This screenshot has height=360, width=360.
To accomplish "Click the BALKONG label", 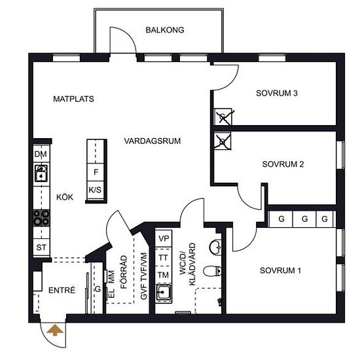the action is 165,30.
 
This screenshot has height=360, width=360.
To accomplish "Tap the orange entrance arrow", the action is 55,330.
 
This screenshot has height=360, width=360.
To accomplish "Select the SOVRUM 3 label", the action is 277,93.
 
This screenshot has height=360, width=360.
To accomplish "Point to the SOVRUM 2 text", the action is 283,164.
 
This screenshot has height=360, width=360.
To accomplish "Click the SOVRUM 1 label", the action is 280,270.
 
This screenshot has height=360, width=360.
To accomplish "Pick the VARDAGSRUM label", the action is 153,141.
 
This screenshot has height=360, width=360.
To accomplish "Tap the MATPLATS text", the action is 73,99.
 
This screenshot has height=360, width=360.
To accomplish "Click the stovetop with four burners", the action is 41,218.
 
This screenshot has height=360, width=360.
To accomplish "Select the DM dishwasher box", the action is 41,153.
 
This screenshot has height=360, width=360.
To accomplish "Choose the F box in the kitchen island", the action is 96,172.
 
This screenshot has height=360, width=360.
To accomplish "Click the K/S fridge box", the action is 96,190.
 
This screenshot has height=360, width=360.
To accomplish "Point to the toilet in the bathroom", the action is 212,271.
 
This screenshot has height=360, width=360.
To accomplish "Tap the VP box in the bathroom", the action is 164,238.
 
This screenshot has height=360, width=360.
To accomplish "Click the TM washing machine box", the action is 163,275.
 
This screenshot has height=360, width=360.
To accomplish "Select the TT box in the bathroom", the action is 163,257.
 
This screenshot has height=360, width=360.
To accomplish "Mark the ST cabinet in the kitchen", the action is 41,247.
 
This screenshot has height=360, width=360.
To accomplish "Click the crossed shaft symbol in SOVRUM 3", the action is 223,117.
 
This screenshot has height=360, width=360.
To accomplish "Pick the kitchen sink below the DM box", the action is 41,173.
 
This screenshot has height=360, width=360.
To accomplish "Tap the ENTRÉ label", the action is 62,290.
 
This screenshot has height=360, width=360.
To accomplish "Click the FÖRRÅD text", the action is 124,272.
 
